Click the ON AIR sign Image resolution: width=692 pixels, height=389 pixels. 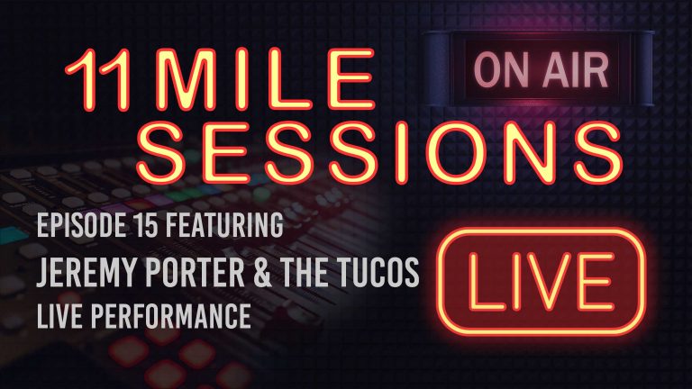tap(516, 67)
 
